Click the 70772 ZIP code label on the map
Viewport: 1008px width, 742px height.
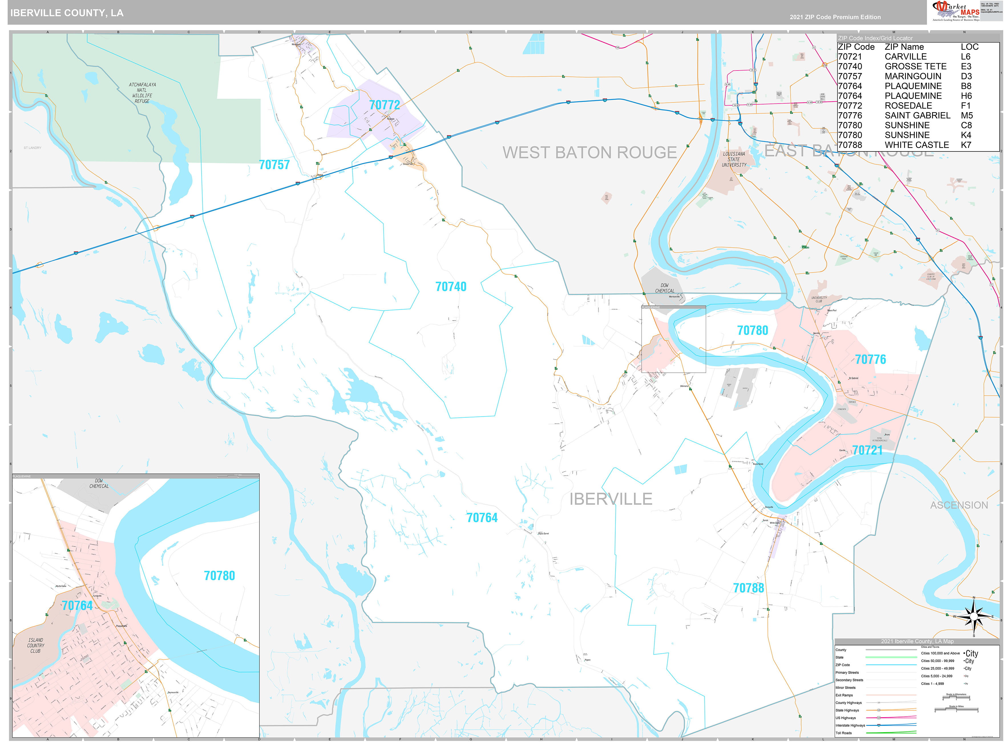click(384, 105)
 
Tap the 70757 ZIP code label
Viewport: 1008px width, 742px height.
click(274, 165)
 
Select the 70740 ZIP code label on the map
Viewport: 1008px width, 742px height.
click(451, 287)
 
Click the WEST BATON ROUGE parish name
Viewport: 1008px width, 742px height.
click(589, 153)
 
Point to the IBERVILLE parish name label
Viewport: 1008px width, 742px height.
click(611, 499)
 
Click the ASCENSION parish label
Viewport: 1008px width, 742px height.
click(959, 505)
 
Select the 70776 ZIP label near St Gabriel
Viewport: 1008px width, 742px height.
click(870, 359)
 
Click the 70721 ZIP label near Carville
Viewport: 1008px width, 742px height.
click(867, 451)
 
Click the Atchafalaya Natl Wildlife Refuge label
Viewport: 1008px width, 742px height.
click(142, 93)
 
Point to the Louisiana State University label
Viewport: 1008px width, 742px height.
click(734, 160)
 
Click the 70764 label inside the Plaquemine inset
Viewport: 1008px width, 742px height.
click(77, 606)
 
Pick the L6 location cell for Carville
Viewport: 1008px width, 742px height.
click(965, 57)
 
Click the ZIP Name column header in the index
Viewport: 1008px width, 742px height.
click(904, 47)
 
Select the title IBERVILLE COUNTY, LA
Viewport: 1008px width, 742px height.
click(67, 13)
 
